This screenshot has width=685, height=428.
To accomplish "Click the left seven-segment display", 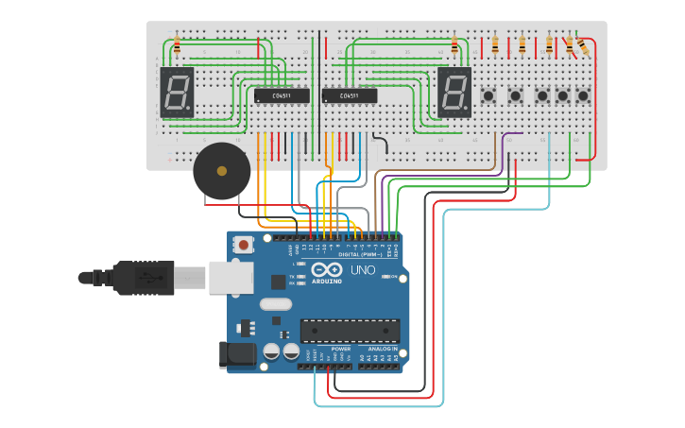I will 177,92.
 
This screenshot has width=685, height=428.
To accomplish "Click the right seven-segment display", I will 454,92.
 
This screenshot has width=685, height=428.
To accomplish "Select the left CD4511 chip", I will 282,95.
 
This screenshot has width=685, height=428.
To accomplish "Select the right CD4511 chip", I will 350,95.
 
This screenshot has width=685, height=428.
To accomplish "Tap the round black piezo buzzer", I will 222,171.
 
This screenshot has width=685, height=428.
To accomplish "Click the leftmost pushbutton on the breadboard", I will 489,95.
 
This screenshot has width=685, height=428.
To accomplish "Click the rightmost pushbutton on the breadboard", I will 584,95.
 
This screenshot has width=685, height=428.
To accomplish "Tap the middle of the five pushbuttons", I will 542,95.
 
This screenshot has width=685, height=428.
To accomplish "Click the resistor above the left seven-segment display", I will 177,44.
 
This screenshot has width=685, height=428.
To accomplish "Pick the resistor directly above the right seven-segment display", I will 454,44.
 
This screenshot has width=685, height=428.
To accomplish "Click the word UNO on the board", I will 362,270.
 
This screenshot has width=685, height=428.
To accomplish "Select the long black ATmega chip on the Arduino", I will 350,331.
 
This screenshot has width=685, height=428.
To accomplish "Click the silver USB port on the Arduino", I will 231,277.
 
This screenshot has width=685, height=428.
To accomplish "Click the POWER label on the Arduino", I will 341,349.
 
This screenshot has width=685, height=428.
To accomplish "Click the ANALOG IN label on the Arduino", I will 383,349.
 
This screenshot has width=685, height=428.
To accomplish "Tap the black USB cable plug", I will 142,278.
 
